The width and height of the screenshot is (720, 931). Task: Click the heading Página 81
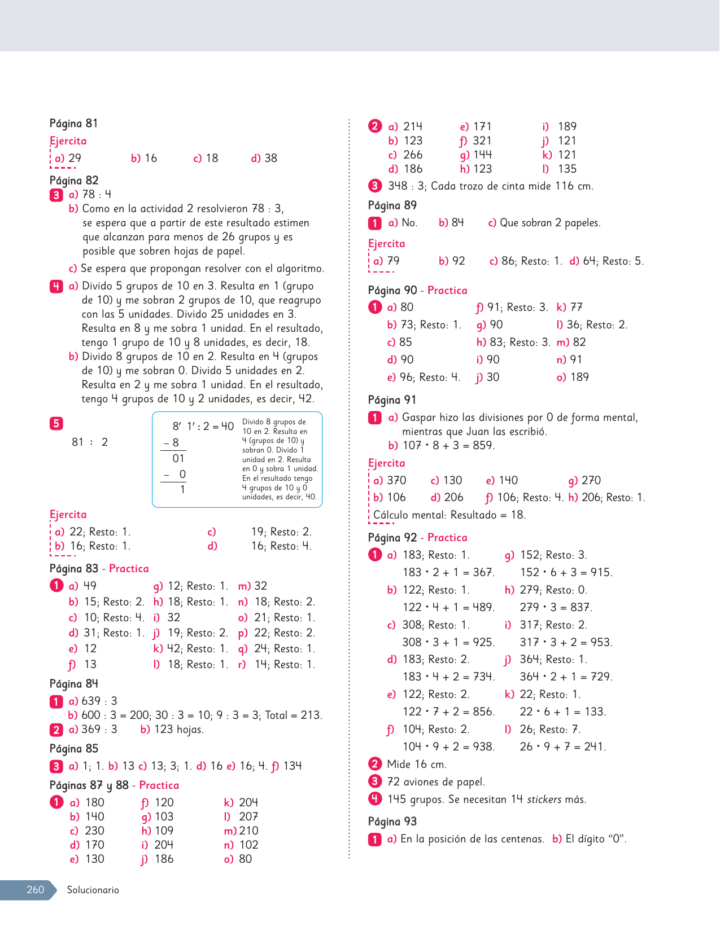coord(73,124)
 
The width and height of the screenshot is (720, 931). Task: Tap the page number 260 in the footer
coord(35,890)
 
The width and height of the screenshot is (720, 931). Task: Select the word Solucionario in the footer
coord(93,890)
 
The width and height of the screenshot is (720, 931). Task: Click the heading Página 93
coord(392,822)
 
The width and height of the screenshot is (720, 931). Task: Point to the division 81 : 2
coord(89,442)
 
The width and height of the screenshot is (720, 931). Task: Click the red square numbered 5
coord(56,424)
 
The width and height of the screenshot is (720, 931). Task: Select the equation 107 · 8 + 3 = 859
coord(448,446)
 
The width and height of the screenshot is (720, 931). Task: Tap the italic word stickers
coord(544,800)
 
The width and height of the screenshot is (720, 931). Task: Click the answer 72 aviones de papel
coord(436,782)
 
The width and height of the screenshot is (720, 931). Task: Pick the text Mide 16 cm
coord(417,765)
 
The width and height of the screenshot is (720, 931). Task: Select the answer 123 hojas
coord(178,730)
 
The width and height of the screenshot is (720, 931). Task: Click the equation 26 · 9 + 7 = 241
coord(562,747)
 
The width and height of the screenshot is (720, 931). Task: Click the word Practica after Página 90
coord(447,291)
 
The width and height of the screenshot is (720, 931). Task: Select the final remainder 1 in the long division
coord(182,490)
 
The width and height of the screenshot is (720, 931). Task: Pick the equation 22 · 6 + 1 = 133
coord(562,712)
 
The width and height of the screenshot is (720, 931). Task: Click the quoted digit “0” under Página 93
coord(617,839)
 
